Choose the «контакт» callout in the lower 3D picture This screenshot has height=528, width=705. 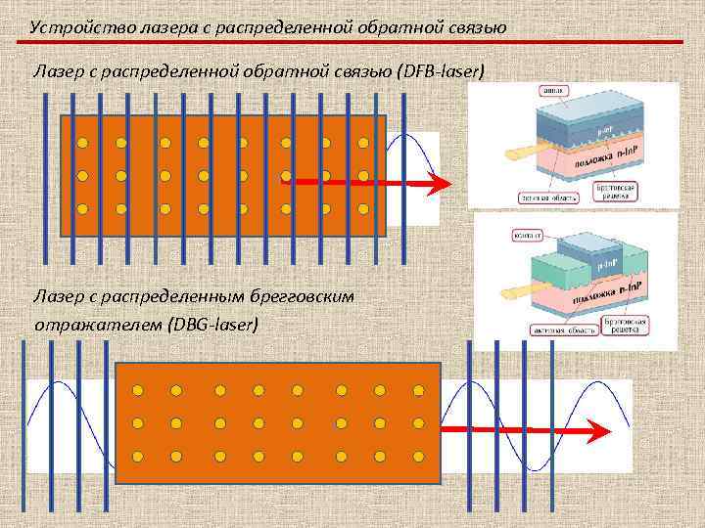(x=531, y=235)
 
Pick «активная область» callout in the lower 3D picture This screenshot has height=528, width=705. (x=562, y=330)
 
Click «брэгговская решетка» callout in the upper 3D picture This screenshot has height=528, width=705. (x=622, y=191)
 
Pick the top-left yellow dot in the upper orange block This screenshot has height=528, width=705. (x=83, y=143)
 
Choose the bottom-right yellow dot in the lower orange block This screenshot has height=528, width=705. (x=418, y=457)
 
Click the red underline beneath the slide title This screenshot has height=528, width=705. (x=352, y=42)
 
